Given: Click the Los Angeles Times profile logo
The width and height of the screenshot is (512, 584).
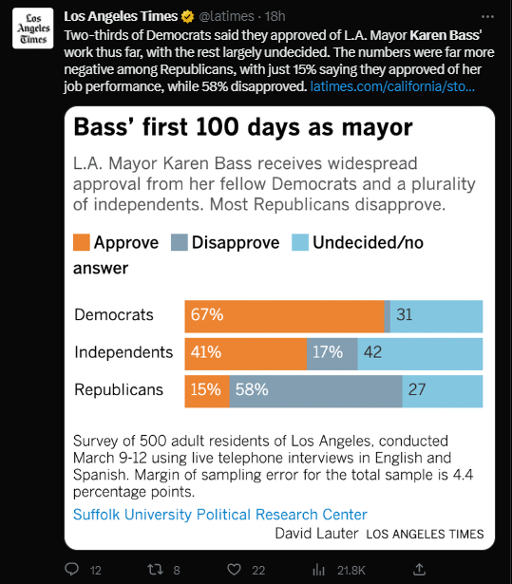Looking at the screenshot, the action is click(x=33, y=28).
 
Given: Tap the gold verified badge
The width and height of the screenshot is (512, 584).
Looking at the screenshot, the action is click(x=187, y=17).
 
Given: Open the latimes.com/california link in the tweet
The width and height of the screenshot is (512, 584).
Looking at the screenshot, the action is click(x=392, y=86).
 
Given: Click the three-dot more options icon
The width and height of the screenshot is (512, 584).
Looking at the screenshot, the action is click(x=487, y=17).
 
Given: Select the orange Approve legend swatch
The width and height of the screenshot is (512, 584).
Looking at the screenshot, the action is click(x=82, y=242).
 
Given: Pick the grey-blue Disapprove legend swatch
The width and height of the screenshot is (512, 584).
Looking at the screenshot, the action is click(x=180, y=242).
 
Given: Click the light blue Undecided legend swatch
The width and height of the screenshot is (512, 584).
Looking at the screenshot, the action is click(x=300, y=242).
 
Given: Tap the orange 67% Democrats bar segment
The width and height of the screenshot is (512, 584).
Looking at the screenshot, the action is click(x=284, y=316).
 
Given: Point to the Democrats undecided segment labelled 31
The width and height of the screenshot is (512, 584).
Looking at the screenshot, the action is click(x=436, y=316).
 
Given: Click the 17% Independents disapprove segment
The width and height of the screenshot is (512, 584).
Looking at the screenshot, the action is click(x=332, y=354).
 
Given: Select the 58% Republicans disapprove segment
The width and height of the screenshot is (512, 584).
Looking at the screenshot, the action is click(x=316, y=391).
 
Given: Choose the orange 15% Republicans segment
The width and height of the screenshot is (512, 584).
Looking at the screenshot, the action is click(x=207, y=391).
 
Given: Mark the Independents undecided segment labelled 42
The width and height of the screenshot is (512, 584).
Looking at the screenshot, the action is click(x=420, y=354).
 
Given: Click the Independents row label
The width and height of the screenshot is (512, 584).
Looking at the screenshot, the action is click(x=123, y=352).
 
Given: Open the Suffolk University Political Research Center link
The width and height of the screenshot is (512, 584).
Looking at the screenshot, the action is click(x=219, y=515).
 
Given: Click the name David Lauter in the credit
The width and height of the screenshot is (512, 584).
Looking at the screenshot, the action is click(x=316, y=534).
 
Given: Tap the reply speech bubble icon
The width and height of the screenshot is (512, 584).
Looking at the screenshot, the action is click(x=72, y=569).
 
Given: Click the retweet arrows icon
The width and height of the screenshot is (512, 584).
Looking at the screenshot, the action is click(x=155, y=570).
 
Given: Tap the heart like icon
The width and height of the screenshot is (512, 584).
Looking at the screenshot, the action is click(x=234, y=570).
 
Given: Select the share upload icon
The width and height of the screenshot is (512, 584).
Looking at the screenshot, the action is click(x=419, y=569).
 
